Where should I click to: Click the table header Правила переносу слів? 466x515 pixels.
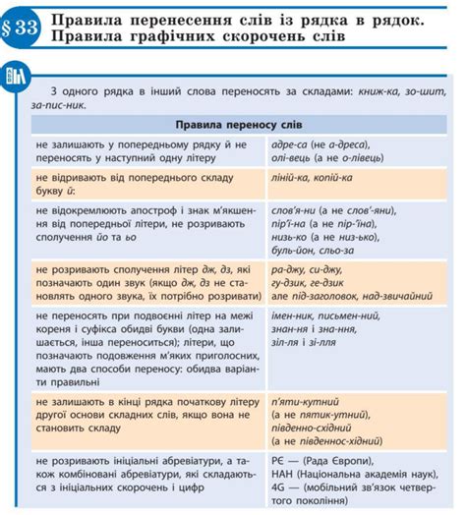[233, 126]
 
